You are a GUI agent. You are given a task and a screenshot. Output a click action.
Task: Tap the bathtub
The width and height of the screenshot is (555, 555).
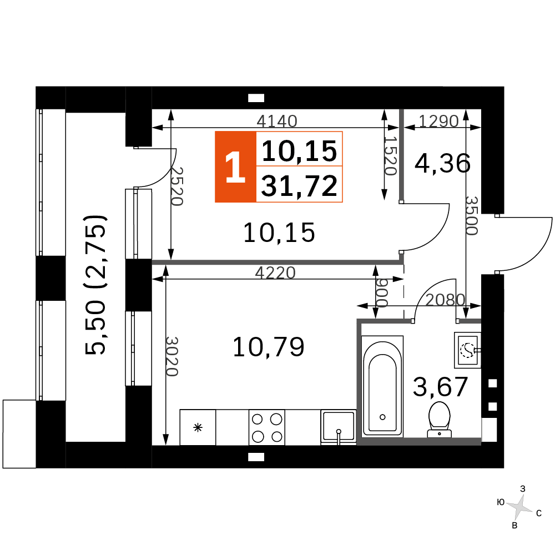pos(382,386)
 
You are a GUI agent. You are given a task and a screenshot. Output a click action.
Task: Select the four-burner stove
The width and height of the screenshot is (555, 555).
pos(267,427)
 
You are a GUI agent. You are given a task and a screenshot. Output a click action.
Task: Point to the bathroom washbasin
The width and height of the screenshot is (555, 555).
pos(467,350)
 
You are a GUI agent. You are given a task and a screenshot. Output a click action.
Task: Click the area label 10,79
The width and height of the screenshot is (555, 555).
pos(268,347)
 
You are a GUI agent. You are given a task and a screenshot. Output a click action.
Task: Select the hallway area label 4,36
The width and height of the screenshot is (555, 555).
pos(442,164)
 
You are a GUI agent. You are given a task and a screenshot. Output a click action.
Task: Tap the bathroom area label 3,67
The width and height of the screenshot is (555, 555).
pos(441,386)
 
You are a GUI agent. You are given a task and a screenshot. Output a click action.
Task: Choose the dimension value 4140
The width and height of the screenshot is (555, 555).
pos(277,121)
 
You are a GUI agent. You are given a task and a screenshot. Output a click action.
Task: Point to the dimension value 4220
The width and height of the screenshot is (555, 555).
pos(275,273)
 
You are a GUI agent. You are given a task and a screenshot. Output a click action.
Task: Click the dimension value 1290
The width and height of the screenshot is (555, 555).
pos(438,121)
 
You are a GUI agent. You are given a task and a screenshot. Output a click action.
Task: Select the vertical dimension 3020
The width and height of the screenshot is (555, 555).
pos(172,356)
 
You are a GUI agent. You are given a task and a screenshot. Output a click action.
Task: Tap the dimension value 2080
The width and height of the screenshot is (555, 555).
pos(445,300)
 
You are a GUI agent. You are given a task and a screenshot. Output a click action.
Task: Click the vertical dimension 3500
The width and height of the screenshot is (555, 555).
pos(472,216)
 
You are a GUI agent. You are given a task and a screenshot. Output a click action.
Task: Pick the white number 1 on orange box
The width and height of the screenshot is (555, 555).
pos(235,167)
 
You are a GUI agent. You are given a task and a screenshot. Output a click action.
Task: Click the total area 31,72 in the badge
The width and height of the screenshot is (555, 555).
pos(299,186)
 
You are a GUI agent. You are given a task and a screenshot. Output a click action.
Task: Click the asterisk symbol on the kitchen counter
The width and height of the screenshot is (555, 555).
pos(198,427)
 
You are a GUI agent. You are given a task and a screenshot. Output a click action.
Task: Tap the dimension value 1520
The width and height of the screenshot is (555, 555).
pos(390,156)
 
